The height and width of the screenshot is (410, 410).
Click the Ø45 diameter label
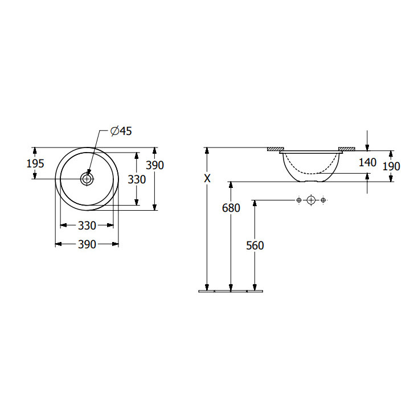click(120, 132)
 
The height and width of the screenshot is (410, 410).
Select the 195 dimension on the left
click(35, 163)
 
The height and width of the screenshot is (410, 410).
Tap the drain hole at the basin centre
click(87, 179)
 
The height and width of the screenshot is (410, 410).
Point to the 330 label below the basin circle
click(87, 225)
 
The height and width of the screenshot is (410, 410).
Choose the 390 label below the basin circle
click(87, 244)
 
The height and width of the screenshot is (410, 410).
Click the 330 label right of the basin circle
click(137, 179)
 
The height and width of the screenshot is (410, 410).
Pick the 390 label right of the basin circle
click(155, 165)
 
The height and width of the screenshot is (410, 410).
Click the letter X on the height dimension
click(208, 179)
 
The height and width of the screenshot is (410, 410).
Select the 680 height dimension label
click(231, 208)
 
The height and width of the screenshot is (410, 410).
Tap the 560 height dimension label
click(255, 245)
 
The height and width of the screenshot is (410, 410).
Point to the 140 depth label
click(368, 162)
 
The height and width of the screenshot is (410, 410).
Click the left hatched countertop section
click(276, 149)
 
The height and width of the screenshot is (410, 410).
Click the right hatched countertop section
click(346, 149)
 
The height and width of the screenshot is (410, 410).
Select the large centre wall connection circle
click(310, 200)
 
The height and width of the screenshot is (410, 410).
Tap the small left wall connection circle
click(298, 200)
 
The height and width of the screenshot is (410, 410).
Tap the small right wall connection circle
click(323, 200)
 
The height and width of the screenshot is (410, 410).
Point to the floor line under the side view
click(231, 292)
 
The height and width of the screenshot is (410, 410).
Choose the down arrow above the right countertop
click(368, 142)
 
